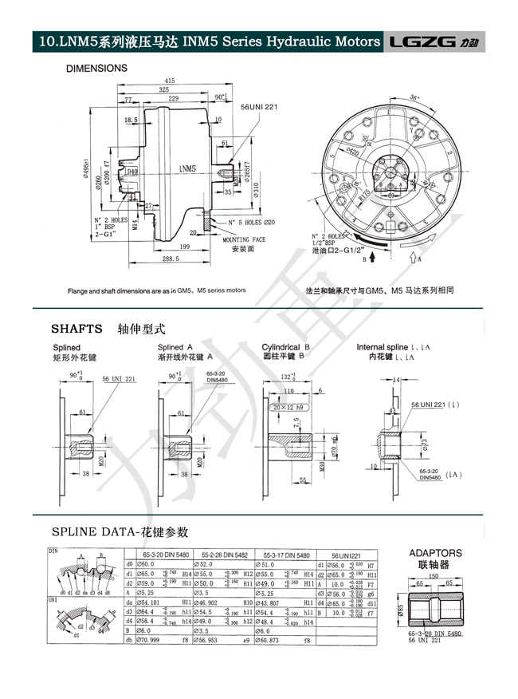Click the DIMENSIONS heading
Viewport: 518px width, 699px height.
96,69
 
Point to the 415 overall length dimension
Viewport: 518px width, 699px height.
169,81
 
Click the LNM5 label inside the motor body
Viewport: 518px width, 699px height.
187,168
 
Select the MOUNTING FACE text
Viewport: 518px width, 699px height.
244,239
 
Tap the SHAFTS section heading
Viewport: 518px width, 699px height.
77,327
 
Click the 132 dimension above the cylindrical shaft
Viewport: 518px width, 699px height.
289,376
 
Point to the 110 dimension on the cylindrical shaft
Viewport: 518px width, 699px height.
288,392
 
